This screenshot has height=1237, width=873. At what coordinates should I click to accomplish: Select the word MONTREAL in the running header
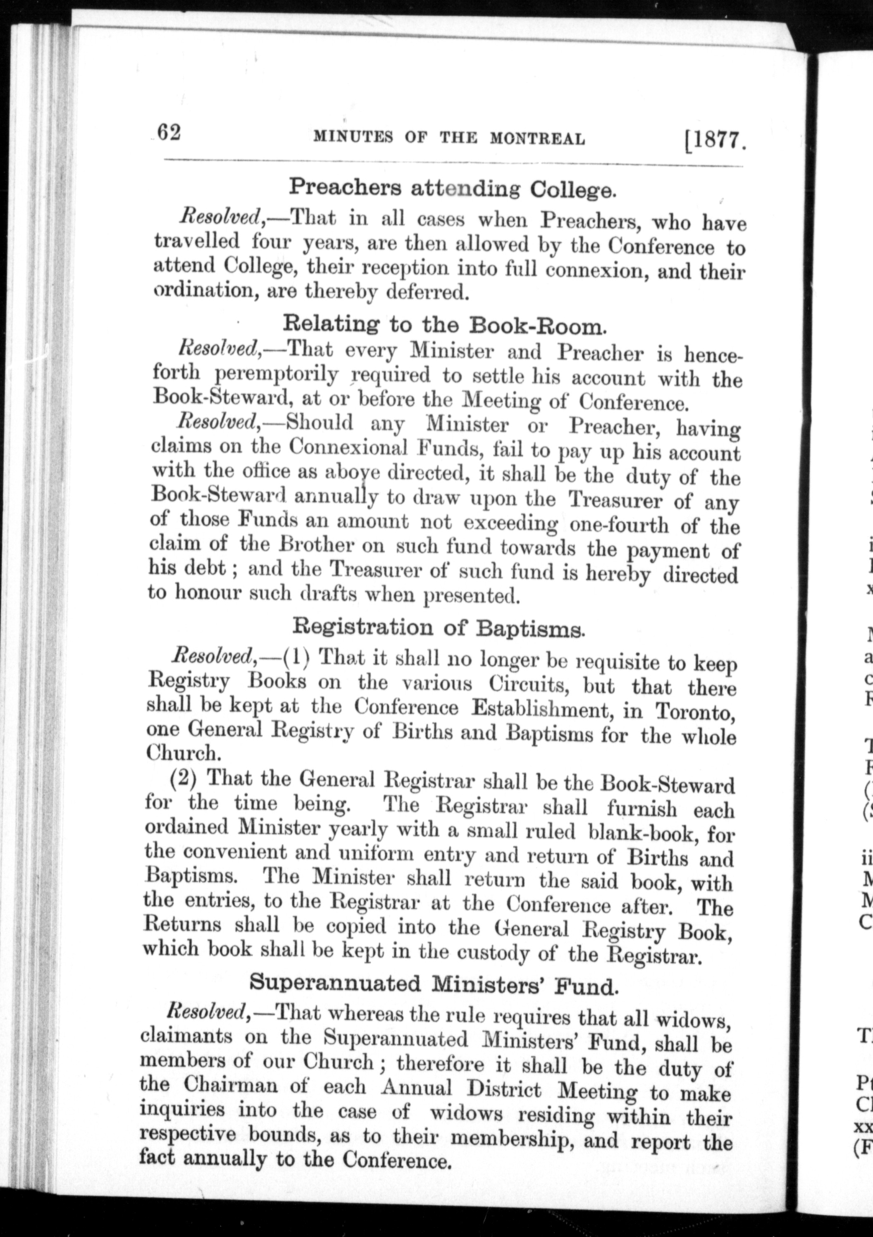pyautogui.click(x=537, y=139)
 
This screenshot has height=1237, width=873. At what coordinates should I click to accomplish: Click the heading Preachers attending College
pyautogui.click(x=451, y=188)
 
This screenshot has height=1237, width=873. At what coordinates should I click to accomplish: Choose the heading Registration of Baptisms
pyautogui.click(x=438, y=628)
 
